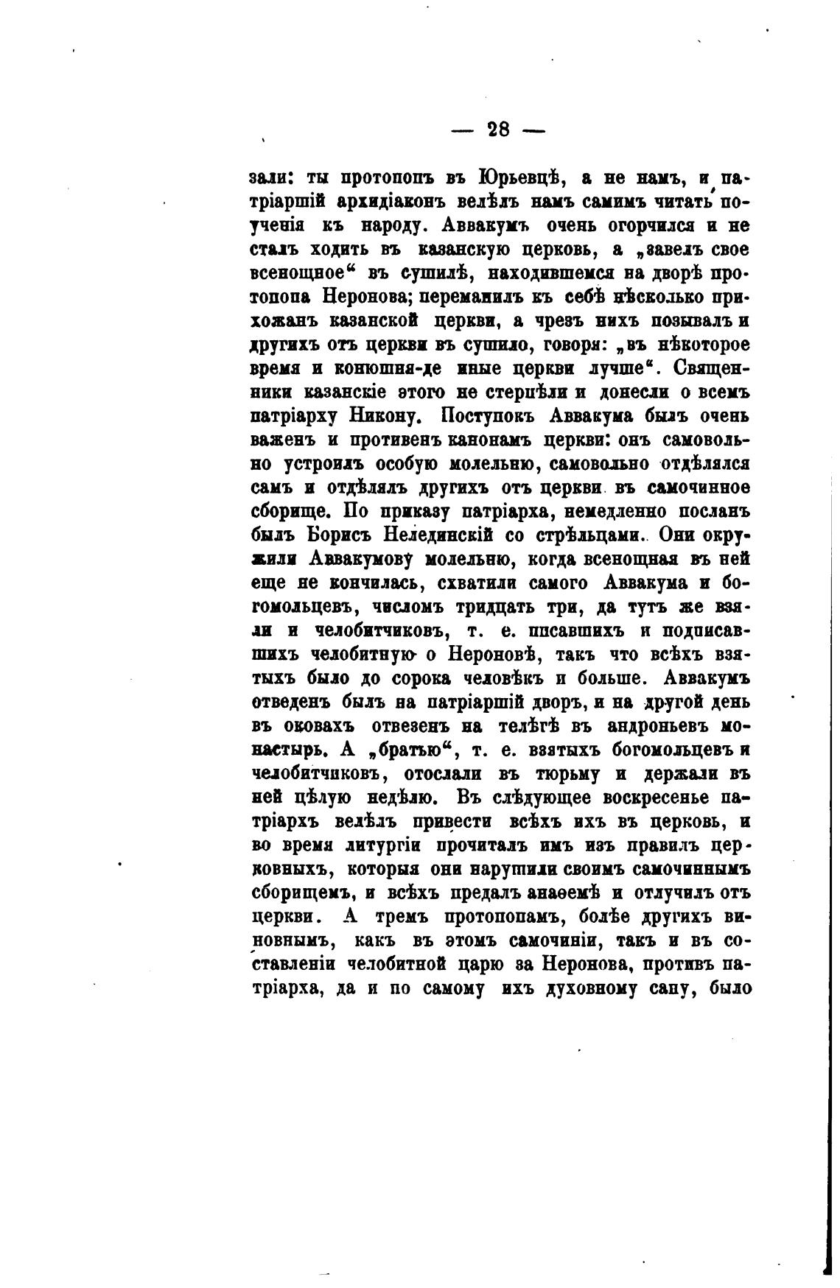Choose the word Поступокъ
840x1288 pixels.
click(489, 415)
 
